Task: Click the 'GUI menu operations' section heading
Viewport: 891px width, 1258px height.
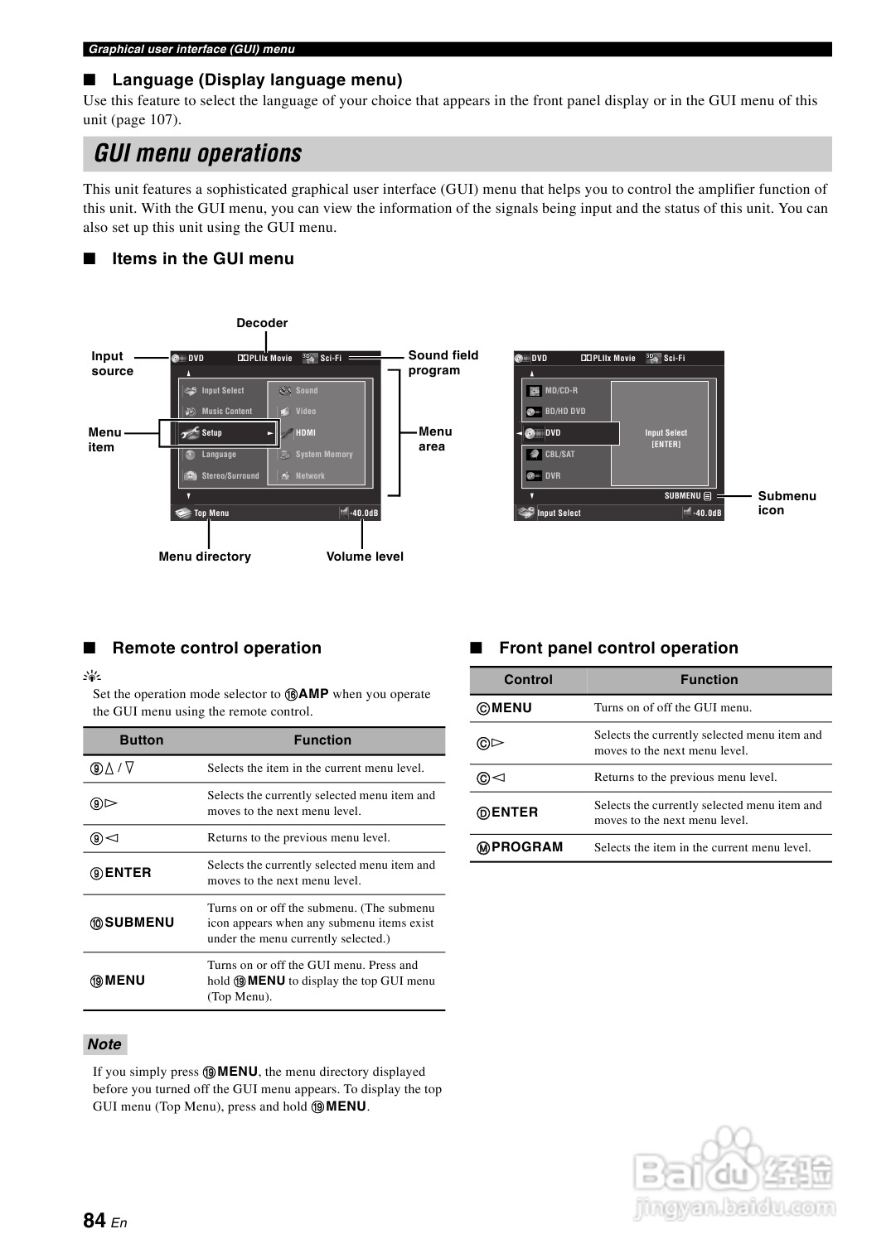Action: pos(198,154)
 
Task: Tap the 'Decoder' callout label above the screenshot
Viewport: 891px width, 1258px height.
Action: pos(262,323)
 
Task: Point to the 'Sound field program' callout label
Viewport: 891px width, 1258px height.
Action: pos(443,363)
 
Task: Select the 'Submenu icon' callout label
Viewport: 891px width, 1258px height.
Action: pos(787,503)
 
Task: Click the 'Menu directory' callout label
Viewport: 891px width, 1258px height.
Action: pos(205,557)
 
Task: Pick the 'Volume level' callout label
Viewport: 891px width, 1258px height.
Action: pos(365,557)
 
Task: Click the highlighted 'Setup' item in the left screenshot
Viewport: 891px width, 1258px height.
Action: pos(212,432)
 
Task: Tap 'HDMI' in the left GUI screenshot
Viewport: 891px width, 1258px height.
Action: pos(306,432)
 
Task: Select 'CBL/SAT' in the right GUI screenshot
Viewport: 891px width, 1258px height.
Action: pos(559,454)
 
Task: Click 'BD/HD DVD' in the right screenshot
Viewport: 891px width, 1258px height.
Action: pos(565,411)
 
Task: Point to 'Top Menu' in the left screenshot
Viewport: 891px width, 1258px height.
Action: pos(211,513)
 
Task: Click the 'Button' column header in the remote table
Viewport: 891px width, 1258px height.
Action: pos(142,740)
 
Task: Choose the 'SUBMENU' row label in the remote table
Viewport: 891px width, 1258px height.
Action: pos(139,923)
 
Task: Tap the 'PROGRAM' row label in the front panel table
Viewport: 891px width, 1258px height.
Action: pos(526,847)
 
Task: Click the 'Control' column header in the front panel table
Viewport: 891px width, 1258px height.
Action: pos(528,680)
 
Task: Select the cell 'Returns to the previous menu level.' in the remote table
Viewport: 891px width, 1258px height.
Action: pos(298,837)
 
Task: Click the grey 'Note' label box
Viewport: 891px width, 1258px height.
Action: pos(104,1044)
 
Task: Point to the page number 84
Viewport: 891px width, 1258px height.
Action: pos(94,1220)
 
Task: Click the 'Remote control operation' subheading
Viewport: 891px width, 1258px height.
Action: pos(216,648)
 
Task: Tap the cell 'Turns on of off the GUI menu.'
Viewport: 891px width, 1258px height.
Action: pos(673,707)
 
